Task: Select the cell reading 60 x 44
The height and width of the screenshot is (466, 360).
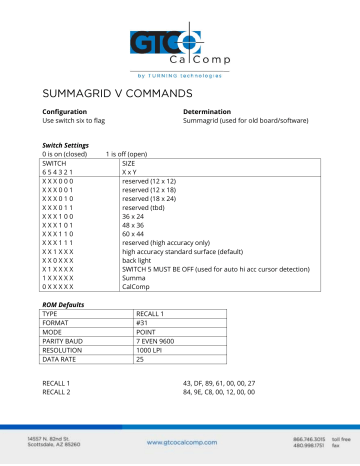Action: pyautogui.click(x=135, y=233)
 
